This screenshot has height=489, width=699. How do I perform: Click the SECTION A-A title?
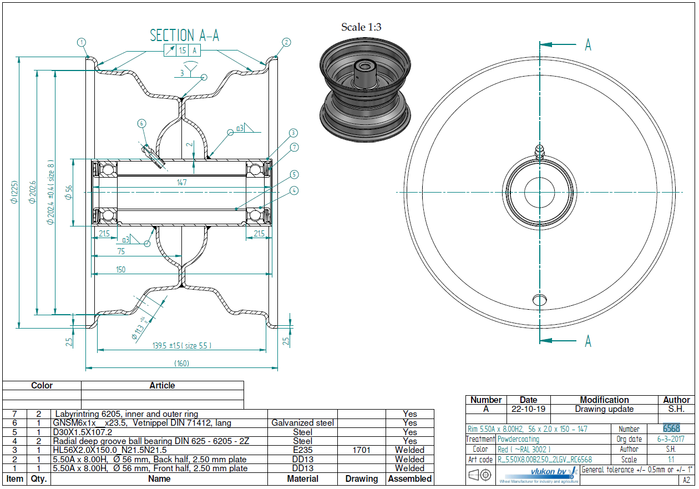point(184,36)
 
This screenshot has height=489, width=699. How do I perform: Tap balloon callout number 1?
point(82,42)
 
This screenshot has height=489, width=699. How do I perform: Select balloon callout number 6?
point(141,123)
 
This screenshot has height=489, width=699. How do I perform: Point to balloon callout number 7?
point(294,147)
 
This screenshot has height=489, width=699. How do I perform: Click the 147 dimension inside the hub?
point(181,183)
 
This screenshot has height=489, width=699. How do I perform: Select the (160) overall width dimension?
point(181,364)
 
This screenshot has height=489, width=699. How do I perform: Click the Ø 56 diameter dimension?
point(69,192)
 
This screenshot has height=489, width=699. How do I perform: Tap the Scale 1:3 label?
point(361,27)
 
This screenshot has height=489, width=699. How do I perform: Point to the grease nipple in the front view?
point(538,150)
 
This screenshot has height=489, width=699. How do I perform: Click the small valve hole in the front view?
point(539,300)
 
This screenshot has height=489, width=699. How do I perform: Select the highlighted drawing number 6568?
point(671,428)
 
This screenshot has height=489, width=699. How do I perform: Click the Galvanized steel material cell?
point(302,423)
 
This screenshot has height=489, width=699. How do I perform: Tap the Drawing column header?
point(361,478)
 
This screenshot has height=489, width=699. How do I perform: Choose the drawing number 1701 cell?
point(361,450)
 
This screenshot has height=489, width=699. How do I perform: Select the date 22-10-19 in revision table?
point(528,409)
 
